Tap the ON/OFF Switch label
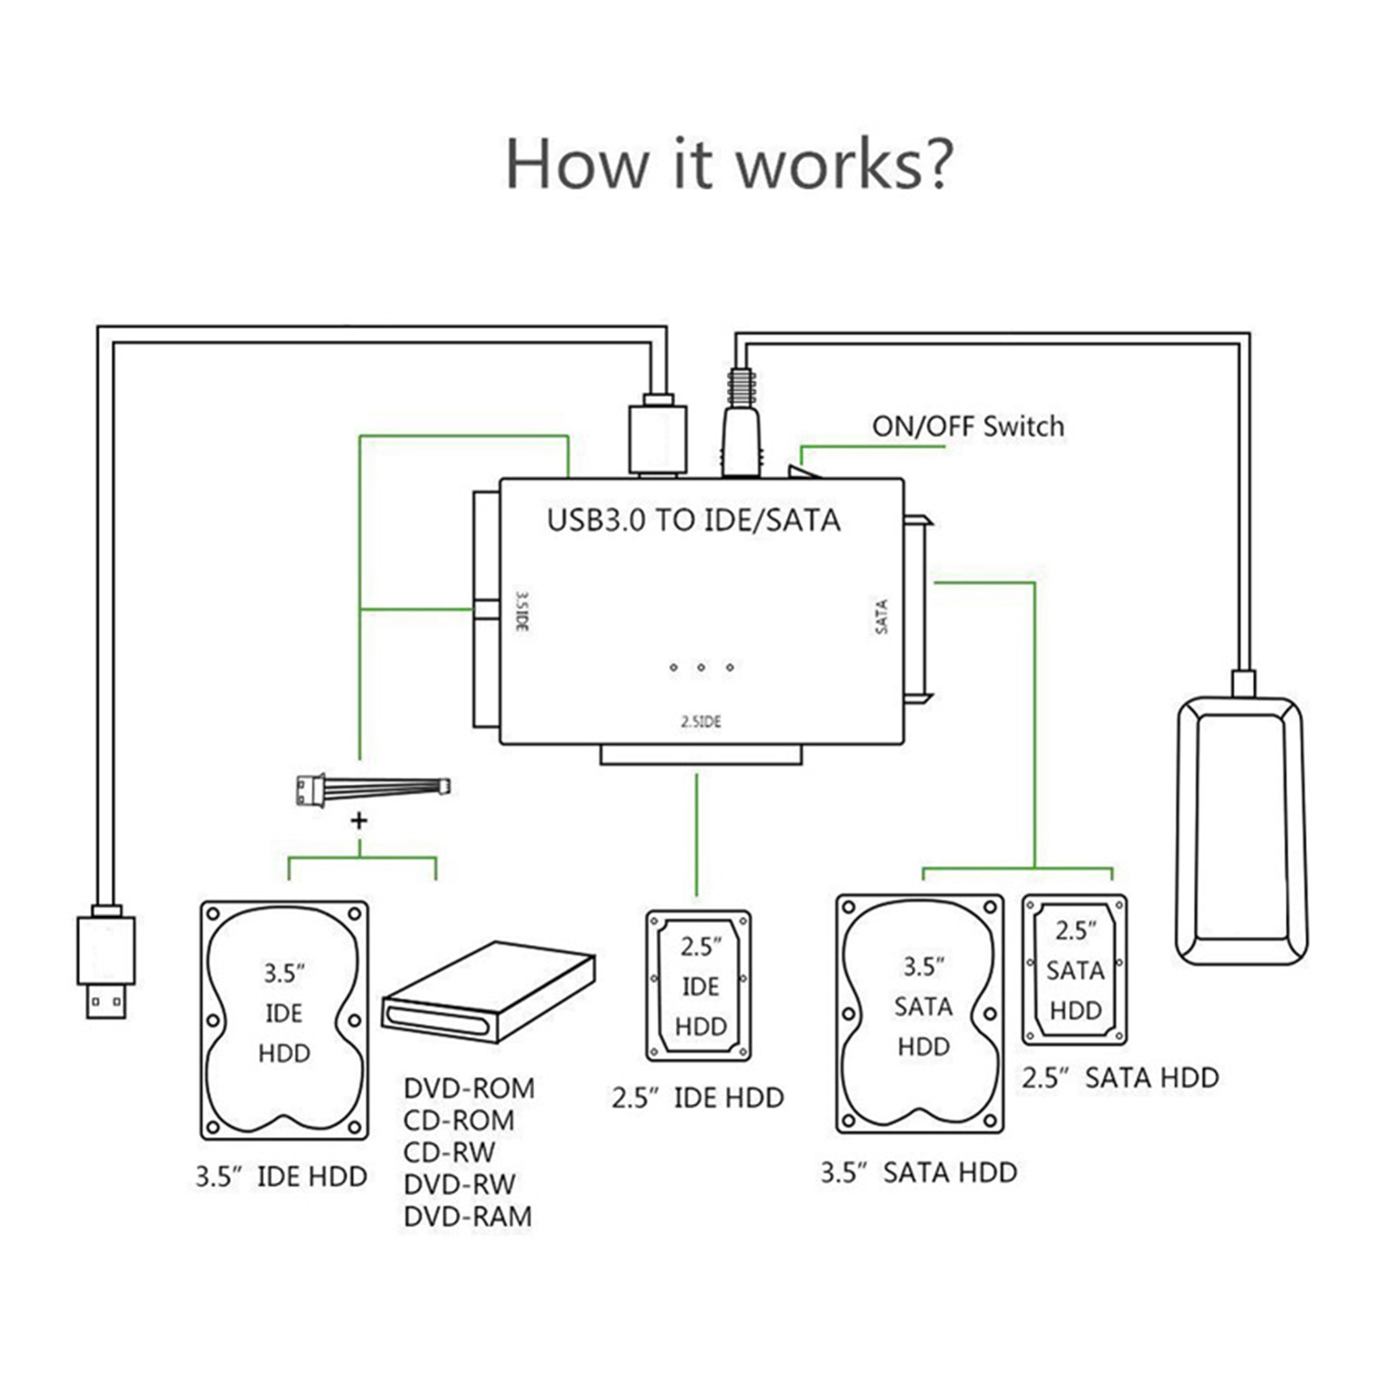[967, 426]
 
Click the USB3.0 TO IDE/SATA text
[693, 520]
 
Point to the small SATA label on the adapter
[881, 616]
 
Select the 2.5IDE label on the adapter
[700, 721]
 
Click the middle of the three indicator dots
[701, 667]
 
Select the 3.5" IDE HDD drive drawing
[284, 1020]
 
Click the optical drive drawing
[489, 992]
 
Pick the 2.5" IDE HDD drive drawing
[699, 986]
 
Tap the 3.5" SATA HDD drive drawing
[920, 1014]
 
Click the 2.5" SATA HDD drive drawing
[1074, 969]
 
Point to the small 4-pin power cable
[372, 788]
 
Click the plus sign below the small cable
[358, 820]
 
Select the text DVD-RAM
[468, 1216]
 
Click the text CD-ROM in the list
[458, 1120]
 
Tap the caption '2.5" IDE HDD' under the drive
[697, 1098]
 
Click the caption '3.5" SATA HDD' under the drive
[919, 1173]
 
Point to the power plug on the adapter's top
[741, 426]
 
